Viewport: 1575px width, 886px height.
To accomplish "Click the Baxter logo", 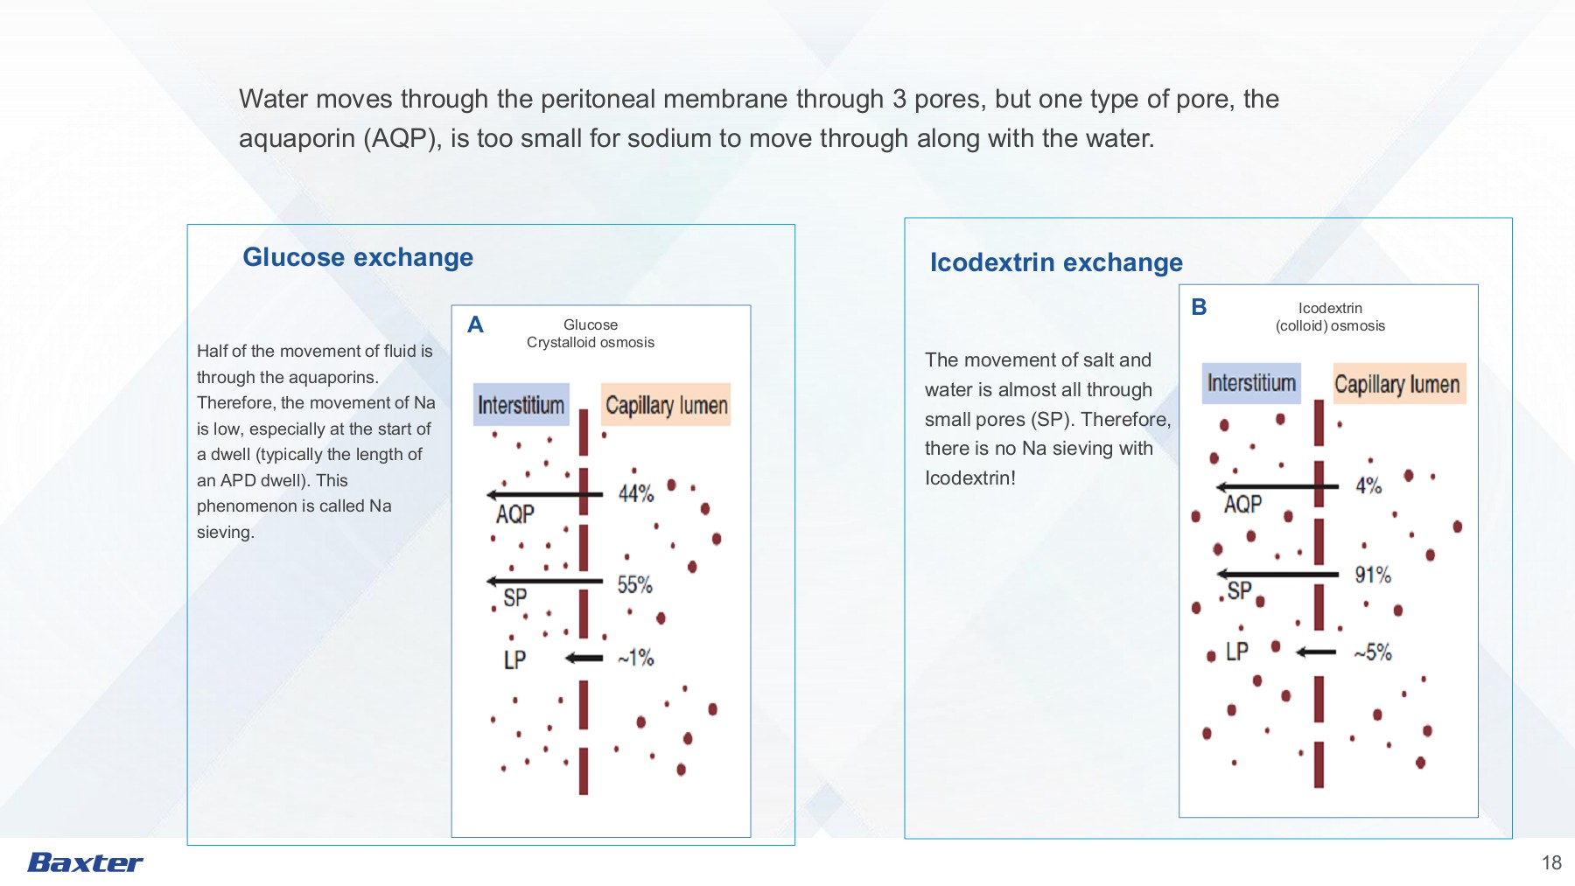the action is [x=86, y=862].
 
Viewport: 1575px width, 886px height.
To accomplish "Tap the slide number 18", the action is [x=1551, y=863].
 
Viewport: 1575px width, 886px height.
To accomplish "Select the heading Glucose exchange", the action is [x=358, y=257].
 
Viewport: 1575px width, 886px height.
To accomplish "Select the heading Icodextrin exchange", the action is [x=1056, y=262].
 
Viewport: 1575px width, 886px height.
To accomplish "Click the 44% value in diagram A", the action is [x=636, y=494].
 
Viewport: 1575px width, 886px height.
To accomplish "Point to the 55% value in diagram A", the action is [x=635, y=585].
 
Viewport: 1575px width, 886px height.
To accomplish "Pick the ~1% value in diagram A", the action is [x=636, y=658].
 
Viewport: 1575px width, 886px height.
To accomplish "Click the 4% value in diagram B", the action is [x=1368, y=486].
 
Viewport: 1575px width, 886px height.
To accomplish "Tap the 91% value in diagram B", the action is [x=1373, y=576].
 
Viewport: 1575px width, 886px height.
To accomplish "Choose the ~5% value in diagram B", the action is [x=1373, y=652].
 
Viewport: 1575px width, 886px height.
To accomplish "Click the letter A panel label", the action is [x=475, y=325].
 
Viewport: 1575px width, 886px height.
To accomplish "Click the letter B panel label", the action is [x=1199, y=307].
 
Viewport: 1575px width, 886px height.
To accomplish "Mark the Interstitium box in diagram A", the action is [x=521, y=405].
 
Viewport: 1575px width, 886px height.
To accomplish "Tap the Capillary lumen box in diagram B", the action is [x=1399, y=383].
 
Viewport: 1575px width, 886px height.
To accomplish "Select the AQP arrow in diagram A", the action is [x=544, y=495].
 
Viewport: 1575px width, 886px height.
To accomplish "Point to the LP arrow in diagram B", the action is [x=1316, y=652].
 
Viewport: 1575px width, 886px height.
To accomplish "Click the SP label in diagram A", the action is [x=515, y=597].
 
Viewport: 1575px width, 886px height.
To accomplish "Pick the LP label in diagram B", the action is [x=1236, y=652].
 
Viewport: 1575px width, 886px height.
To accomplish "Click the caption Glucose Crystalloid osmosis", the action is [x=591, y=333].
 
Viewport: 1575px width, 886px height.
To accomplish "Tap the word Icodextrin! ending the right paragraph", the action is [x=970, y=478].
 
